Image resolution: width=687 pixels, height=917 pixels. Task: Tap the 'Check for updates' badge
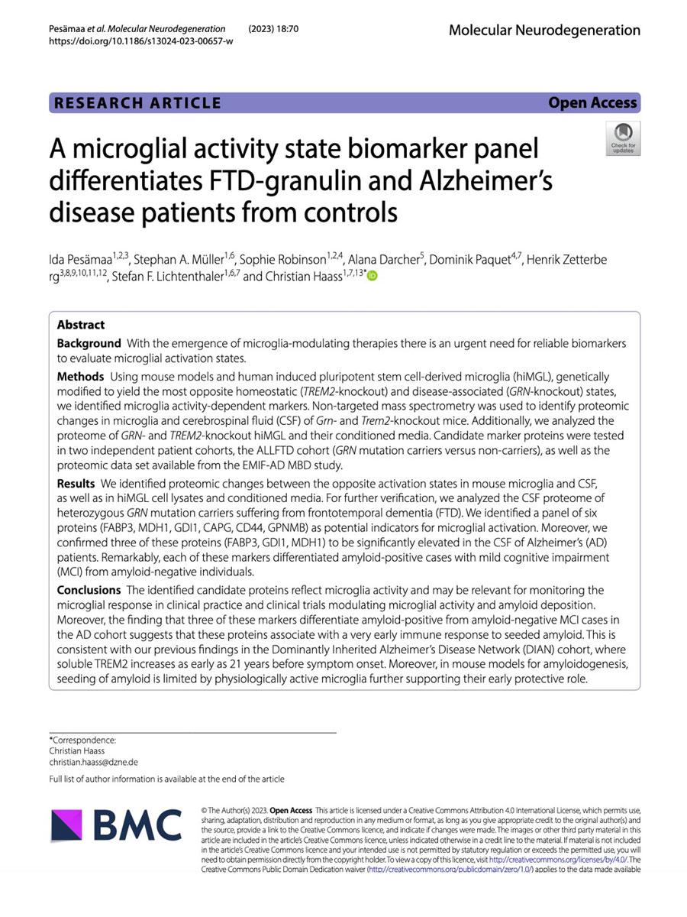(623, 138)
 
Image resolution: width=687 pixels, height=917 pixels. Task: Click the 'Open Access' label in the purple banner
(592, 102)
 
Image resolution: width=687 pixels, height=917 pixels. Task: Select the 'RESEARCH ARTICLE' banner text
(136, 103)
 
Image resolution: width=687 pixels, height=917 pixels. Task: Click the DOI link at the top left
(141, 41)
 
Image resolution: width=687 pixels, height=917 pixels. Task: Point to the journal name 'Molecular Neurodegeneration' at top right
(544, 30)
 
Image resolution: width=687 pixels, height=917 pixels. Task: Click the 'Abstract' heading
(81, 324)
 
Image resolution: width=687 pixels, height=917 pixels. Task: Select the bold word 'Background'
(89, 343)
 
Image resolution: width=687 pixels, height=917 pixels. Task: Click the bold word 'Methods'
(80, 376)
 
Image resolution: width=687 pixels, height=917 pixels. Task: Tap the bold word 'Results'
(76, 483)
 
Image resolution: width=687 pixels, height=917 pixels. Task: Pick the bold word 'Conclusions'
(89, 589)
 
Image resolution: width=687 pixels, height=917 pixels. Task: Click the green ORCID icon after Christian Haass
(372, 277)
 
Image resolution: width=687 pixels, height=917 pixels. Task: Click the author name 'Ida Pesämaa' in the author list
(84, 260)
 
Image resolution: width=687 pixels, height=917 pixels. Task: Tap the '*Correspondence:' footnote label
(82, 740)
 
